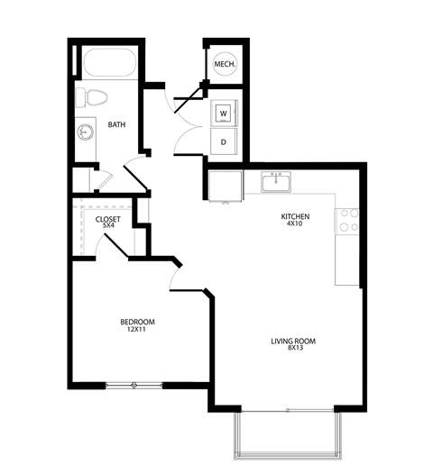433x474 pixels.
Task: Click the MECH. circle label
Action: [x=223, y=64]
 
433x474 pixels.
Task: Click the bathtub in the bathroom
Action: [x=108, y=64]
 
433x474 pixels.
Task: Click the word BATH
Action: [x=116, y=125]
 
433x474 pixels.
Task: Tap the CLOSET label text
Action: [x=108, y=219]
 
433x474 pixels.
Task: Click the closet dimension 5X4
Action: [x=108, y=228]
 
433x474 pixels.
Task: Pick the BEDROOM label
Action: [x=138, y=322]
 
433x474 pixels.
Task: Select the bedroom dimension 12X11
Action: [x=138, y=331]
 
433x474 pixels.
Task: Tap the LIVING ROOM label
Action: [x=293, y=341]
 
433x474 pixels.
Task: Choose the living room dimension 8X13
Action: [x=293, y=351]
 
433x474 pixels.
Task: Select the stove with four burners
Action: [x=347, y=221]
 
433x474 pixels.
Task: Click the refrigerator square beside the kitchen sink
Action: [x=222, y=186]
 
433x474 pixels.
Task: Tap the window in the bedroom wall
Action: [x=134, y=386]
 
